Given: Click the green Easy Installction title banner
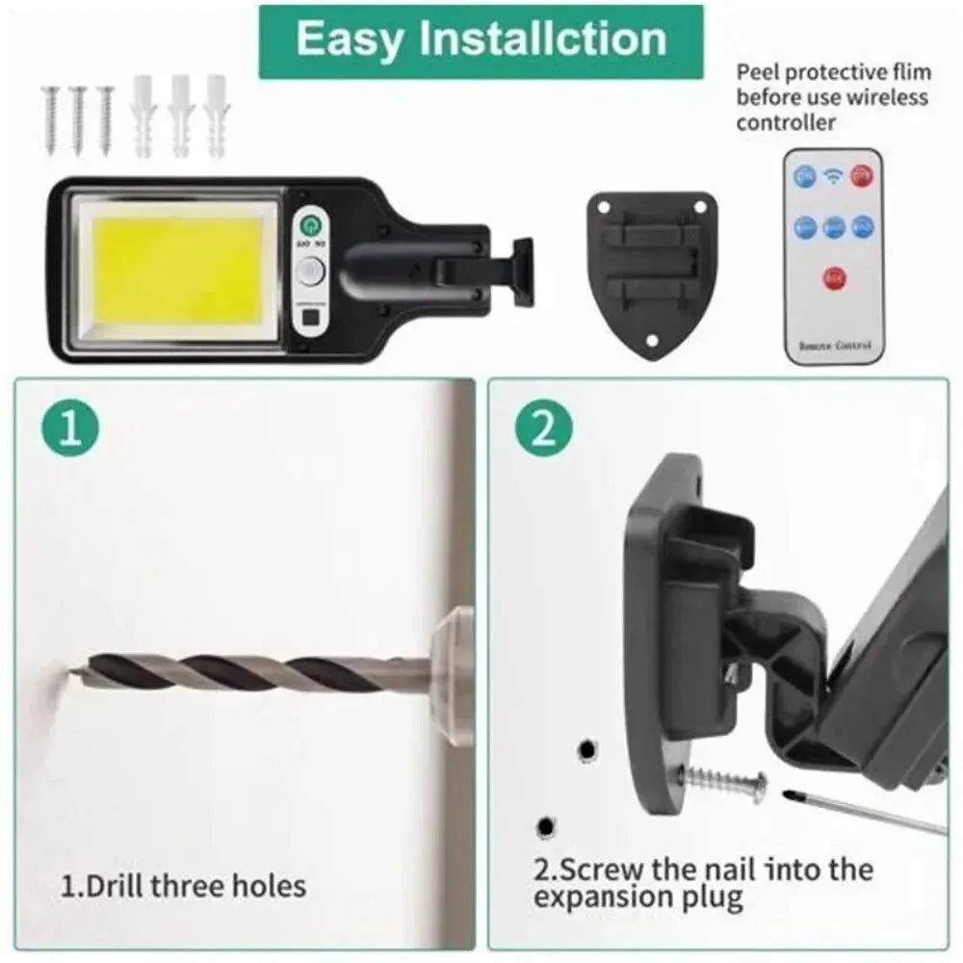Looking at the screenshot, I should [481, 40].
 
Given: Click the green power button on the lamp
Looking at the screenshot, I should [310, 226].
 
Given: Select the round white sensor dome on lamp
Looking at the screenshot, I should [310, 274].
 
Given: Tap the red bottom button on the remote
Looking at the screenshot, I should [833, 278].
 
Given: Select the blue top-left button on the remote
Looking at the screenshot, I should [805, 174].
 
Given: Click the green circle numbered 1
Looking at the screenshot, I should [70, 429].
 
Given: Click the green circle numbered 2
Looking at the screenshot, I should [544, 429].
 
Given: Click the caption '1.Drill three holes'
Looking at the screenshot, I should [184, 885].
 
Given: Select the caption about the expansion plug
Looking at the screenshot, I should [703, 884].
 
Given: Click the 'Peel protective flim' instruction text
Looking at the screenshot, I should [832, 96].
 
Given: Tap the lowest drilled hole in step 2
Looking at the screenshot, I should [546, 826].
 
